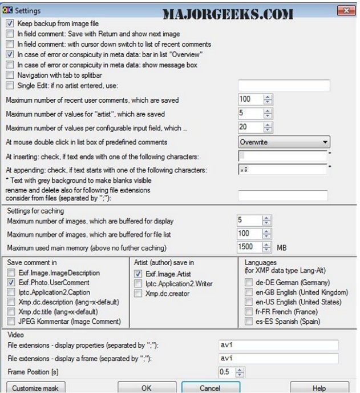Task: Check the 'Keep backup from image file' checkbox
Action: tap(10, 24)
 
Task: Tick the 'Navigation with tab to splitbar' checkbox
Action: tap(10, 75)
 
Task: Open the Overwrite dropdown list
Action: tap(284, 142)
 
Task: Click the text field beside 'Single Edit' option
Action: tap(284, 86)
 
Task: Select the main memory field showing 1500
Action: tap(249, 247)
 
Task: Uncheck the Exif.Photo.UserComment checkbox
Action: tap(10, 282)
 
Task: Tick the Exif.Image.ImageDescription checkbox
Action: tap(10, 273)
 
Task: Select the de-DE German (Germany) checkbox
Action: tap(248, 282)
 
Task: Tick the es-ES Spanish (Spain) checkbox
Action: tap(248, 321)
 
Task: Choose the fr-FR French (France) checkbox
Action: tap(248, 311)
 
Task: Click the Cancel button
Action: tap(211, 387)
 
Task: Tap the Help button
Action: tap(319, 387)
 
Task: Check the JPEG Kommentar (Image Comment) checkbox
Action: tap(10, 321)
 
